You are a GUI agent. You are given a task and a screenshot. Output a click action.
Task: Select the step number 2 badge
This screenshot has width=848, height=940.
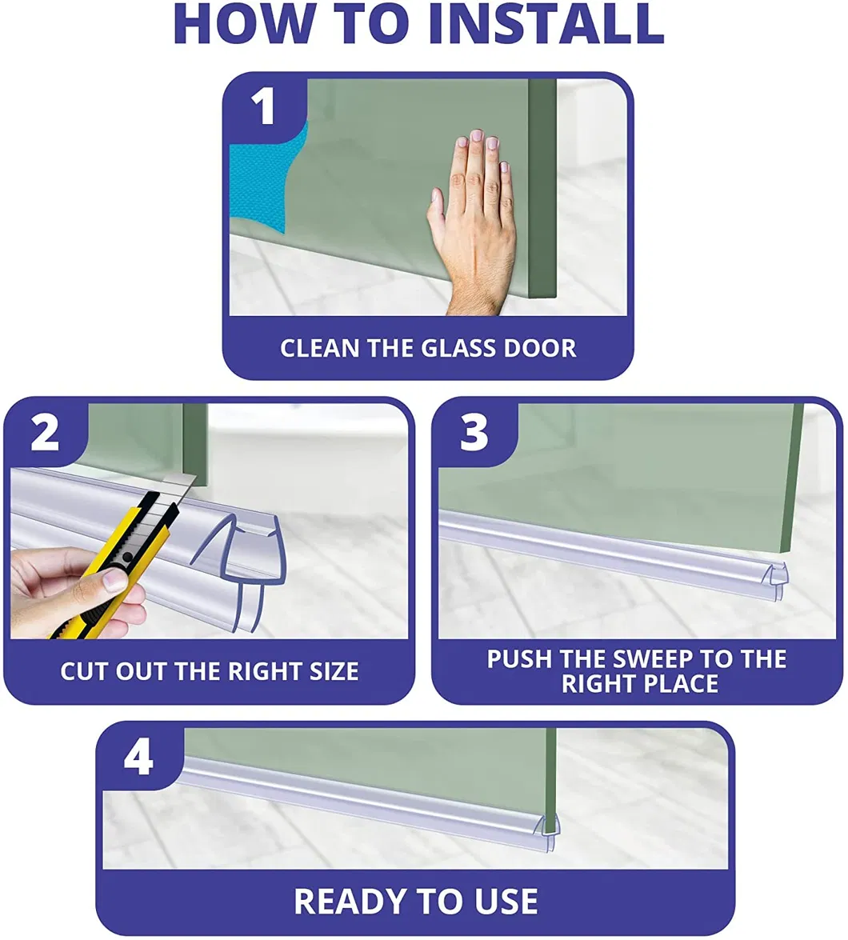(45, 433)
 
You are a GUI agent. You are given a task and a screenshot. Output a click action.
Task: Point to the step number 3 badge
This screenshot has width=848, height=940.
(474, 433)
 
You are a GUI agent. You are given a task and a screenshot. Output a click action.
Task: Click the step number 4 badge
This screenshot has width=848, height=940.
(138, 758)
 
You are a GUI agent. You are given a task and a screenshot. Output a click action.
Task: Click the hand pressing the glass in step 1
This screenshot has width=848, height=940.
(474, 222)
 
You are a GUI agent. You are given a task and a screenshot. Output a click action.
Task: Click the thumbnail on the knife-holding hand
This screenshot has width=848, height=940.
(114, 580)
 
